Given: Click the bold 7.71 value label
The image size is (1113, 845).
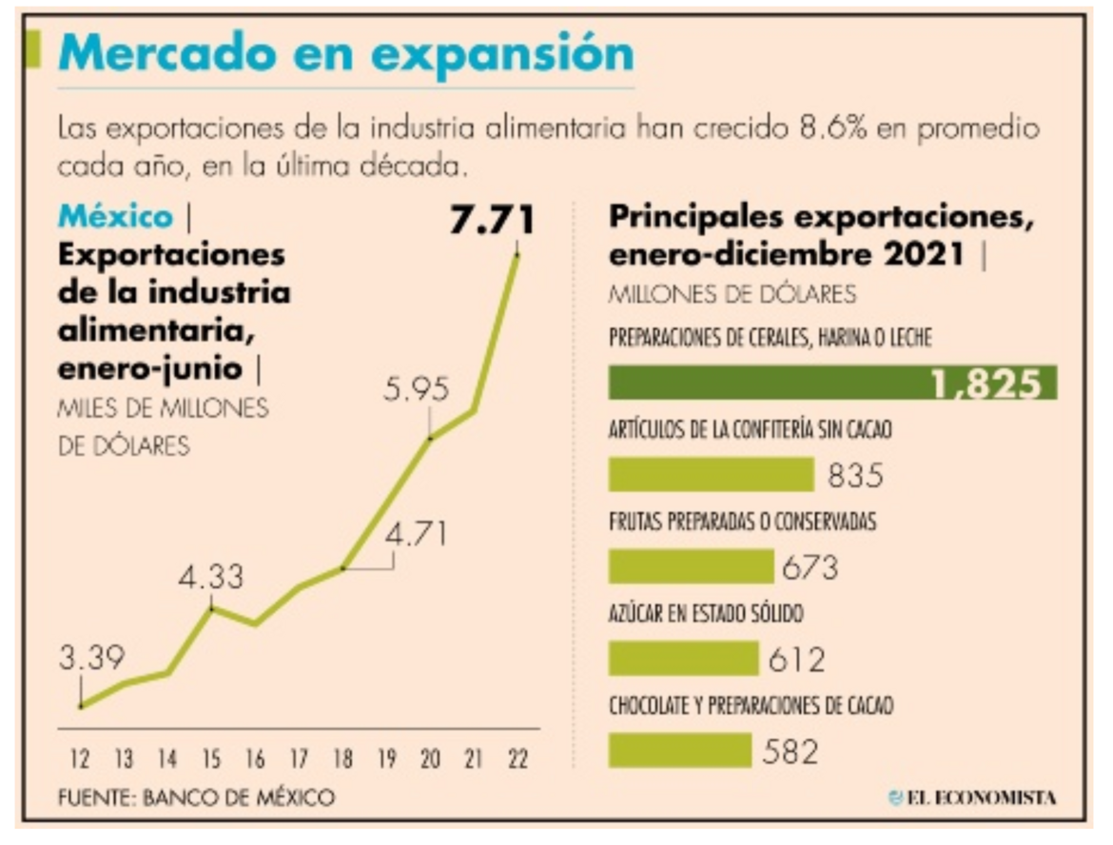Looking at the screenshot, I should pos(492,221).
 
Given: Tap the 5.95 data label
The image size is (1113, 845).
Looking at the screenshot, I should pos(417,390).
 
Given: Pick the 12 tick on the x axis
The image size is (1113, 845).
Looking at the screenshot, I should pos(81,761).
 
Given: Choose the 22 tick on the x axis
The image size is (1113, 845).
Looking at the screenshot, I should pos(518,761).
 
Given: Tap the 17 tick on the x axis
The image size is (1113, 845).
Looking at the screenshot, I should pos(300,761).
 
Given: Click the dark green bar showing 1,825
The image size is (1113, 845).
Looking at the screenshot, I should pos(831,382).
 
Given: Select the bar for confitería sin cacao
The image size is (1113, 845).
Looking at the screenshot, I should pos(711,474).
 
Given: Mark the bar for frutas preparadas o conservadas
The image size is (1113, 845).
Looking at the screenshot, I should pos(691,566).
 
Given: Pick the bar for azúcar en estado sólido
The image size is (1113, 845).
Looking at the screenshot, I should pos(683,658).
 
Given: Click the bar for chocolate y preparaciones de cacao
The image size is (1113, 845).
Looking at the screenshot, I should pos(679,750).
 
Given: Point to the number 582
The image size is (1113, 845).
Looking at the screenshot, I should pos(791,752).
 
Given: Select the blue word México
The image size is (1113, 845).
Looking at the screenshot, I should pos(116,217).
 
